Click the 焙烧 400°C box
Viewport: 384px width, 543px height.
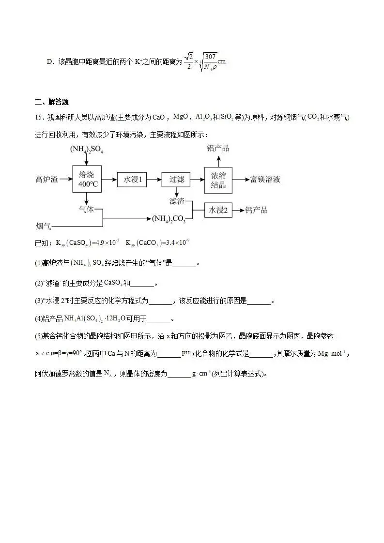pyautogui.click(x=86, y=180)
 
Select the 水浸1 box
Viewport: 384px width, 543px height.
pyautogui.click(x=132, y=180)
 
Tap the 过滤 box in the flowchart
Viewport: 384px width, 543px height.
pyautogui.click(x=176, y=180)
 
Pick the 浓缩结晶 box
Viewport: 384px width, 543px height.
pyautogui.click(x=218, y=180)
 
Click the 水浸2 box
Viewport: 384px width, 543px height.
pyautogui.click(x=218, y=210)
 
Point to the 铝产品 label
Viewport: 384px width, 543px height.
pyautogui.click(x=218, y=148)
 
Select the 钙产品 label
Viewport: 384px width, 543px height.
pyautogui.click(x=256, y=210)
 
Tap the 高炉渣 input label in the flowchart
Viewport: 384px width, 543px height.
pyautogui.click(x=46, y=180)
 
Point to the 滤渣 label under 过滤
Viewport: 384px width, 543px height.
pyautogui.click(x=177, y=200)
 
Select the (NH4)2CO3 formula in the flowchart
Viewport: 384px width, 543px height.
pyautogui.click(x=169, y=219)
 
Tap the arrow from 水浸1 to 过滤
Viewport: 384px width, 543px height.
pyautogui.click(x=154, y=180)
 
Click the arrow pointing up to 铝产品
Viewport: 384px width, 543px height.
pyautogui.click(x=218, y=160)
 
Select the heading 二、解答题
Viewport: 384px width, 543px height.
pyautogui.click(x=52, y=102)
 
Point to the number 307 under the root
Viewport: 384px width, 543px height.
pyautogui.click(x=211, y=57)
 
